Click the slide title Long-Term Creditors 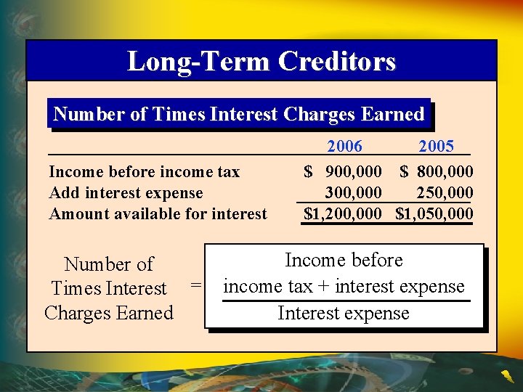tap(261, 61)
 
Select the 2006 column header tap(344, 147)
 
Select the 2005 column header tap(436, 147)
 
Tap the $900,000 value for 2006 tap(344, 172)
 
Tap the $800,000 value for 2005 tap(437, 172)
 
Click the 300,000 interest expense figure tap(354, 192)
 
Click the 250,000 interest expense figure tap(445, 192)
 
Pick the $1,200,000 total tap(343, 213)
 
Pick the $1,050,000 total tap(434, 213)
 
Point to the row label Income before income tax tap(144, 172)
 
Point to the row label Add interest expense tap(126, 192)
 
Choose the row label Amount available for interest tap(158, 213)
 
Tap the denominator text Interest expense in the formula tap(344, 314)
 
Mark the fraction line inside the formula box tap(346, 301)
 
